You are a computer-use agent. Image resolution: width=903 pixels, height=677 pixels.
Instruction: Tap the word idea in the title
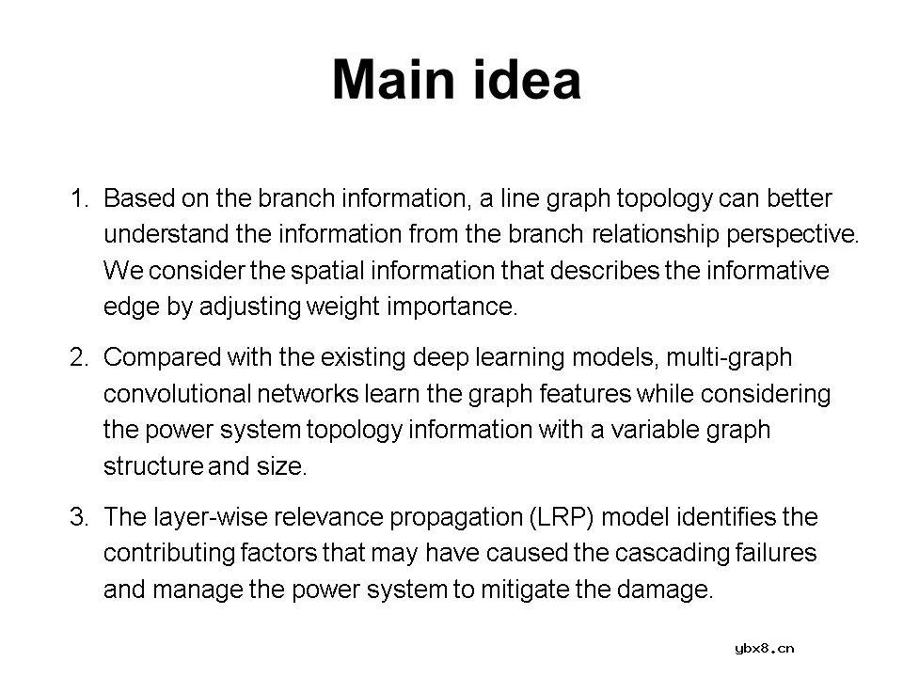click(x=526, y=80)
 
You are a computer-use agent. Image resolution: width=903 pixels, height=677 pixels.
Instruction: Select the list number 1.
click(x=79, y=198)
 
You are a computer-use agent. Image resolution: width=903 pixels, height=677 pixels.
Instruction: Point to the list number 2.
click(x=79, y=357)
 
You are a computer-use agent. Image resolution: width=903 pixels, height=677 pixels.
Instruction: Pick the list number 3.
click(x=79, y=516)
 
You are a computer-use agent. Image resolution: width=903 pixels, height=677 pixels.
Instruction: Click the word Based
click(x=139, y=198)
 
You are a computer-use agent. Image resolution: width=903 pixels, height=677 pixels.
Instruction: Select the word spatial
click(x=327, y=271)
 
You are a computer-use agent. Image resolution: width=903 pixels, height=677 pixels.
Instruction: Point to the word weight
click(x=343, y=307)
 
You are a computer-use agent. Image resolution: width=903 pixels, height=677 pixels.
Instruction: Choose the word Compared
click(x=163, y=358)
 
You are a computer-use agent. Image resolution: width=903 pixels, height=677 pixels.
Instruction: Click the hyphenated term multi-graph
click(x=729, y=358)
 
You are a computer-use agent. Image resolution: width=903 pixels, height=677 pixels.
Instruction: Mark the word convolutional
click(x=178, y=394)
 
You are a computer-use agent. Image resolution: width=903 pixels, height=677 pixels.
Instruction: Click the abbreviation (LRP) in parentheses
click(x=562, y=517)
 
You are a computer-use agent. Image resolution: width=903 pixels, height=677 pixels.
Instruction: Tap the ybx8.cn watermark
click(x=764, y=650)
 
